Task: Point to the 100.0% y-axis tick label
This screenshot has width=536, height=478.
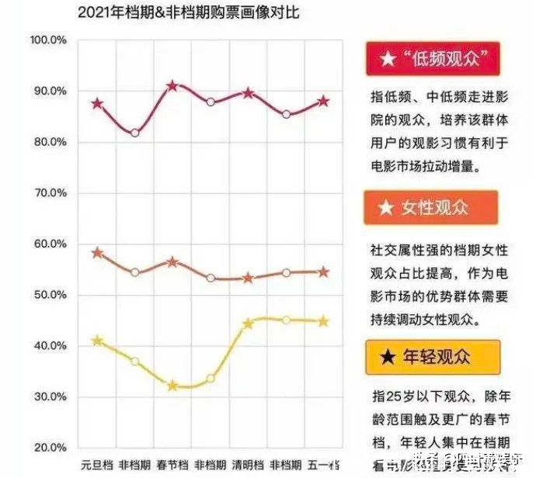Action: click(49, 40)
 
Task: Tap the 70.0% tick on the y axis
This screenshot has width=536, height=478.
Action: click(49, 193)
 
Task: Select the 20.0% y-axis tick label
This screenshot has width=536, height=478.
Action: click(49, 448)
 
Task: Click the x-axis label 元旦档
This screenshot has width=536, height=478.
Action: click(97, 466)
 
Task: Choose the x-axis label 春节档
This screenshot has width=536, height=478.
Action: click(172, 466)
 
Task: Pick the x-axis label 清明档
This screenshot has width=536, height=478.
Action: click(248, 466)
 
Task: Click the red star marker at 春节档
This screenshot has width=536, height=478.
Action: click(172, 85)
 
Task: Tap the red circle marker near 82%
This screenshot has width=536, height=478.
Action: click(135, 133)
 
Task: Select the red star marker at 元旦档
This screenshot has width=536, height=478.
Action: click(97, 103)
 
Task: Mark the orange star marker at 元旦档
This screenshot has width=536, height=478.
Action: click(97, 253)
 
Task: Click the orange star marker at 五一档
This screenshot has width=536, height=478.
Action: click(323, 272)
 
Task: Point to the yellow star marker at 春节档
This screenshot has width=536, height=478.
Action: click(172, 386)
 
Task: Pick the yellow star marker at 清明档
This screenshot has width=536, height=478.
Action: click(248, 324)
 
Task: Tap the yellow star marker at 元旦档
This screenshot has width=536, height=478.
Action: click(97, 341)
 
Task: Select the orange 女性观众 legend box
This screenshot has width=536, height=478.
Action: click(430, 208)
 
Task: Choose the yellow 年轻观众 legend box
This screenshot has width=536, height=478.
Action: click(430, 357)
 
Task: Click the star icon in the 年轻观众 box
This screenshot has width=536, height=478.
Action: click(386, 357)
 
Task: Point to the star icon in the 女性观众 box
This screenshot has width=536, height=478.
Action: click(385, 208)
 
